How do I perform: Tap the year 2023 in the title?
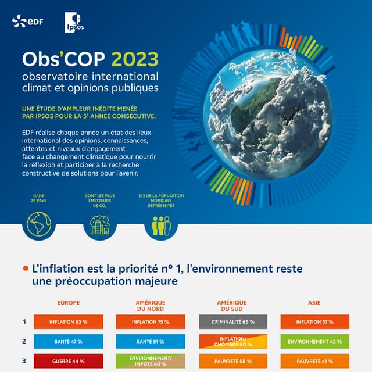click(x=134, y=60)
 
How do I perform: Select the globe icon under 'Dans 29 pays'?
click(x=39, y=223)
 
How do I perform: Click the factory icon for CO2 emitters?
click(x=99, y=224)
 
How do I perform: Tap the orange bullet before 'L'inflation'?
click(x=25, y=269)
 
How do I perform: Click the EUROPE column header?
click(x=69, y=303)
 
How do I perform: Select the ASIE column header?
click(x=314, y=303)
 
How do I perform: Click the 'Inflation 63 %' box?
click(x=69, y=321)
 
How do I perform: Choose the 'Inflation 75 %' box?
click(x=151, y=321)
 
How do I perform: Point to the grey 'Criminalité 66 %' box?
click(x=233, y=321)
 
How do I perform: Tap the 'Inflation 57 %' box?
click(x=314, y=321)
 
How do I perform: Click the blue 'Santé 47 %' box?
click(x=69, y=341)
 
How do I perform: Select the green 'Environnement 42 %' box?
click(x=314, y=341)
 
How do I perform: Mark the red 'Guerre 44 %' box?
click(x=69, y=361)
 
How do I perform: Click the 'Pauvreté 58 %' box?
click(x=233, y=361)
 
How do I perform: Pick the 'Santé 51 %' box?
click(x=151, y=341)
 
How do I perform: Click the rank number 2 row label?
click(x=24, y=341)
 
